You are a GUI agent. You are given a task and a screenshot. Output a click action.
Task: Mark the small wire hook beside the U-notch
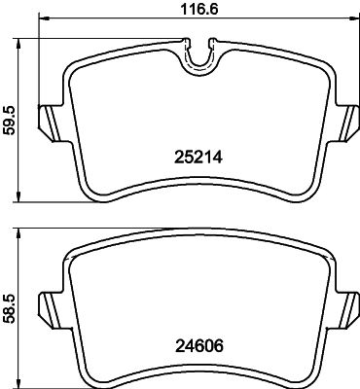(x=187, y=40)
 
